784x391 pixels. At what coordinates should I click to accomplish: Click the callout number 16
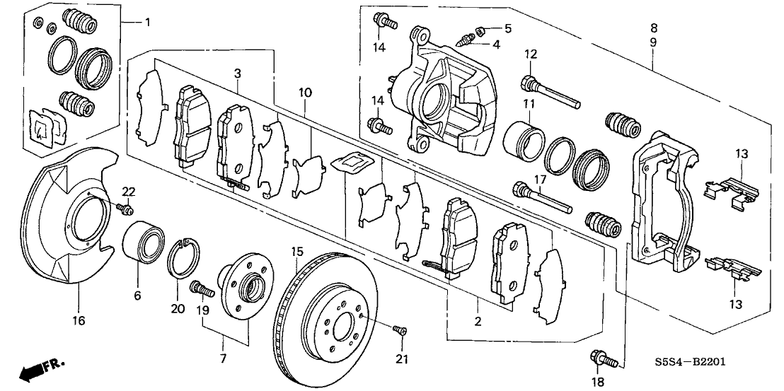pos(79,321)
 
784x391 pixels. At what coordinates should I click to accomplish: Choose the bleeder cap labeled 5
pos(480,30)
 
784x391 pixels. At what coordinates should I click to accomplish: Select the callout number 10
pos(305,92)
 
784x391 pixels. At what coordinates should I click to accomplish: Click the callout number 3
pos(238,73)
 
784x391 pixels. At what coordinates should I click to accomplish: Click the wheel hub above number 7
pos(241,286)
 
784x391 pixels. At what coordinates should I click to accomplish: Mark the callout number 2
pos(478,322)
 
